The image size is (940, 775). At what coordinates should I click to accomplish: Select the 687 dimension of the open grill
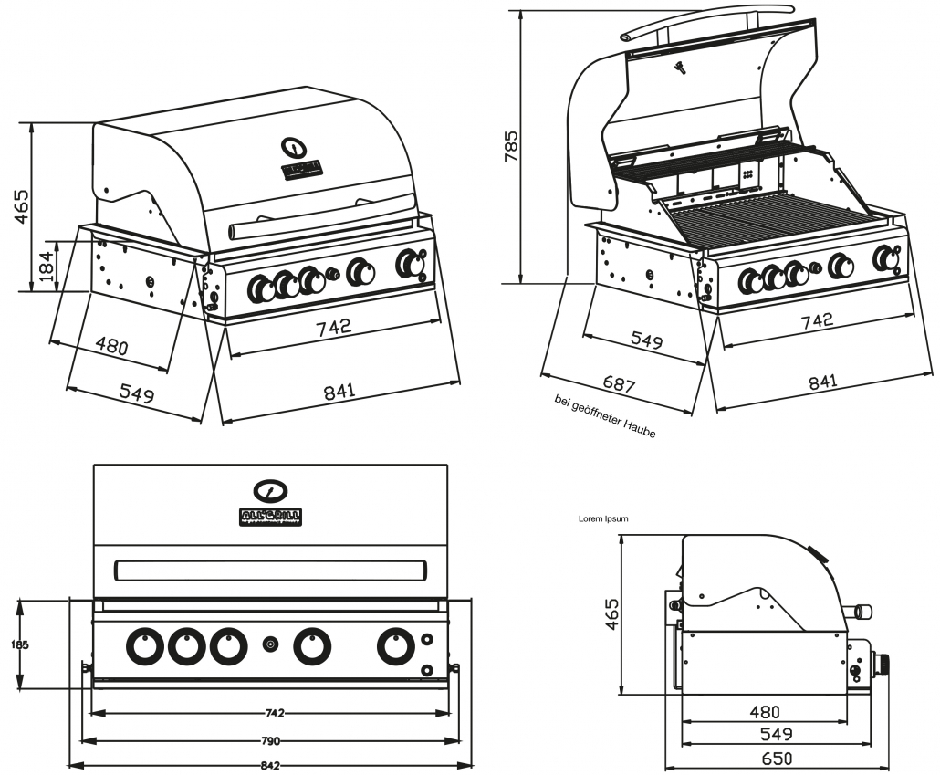(619, 384)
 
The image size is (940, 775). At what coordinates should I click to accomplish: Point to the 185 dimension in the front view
(19, 644)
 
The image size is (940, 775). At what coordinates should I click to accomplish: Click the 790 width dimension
(270, 740)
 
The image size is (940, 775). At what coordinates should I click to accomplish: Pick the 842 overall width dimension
(270, 765)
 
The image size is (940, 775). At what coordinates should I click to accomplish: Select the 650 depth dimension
(777, 758)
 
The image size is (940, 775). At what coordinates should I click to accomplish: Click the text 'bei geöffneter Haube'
(604, 416)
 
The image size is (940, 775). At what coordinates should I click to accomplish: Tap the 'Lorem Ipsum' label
(603, 518)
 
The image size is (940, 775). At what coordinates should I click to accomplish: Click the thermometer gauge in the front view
(271, 490)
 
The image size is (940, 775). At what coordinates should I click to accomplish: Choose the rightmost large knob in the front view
(395, 646)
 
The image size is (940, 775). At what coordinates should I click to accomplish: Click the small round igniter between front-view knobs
(270, 645)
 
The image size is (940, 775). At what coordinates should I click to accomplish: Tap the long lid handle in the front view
(270, 571)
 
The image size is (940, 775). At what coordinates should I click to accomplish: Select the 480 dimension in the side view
(765, 712)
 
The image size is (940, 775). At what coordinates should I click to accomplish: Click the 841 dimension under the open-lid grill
(822, 382)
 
